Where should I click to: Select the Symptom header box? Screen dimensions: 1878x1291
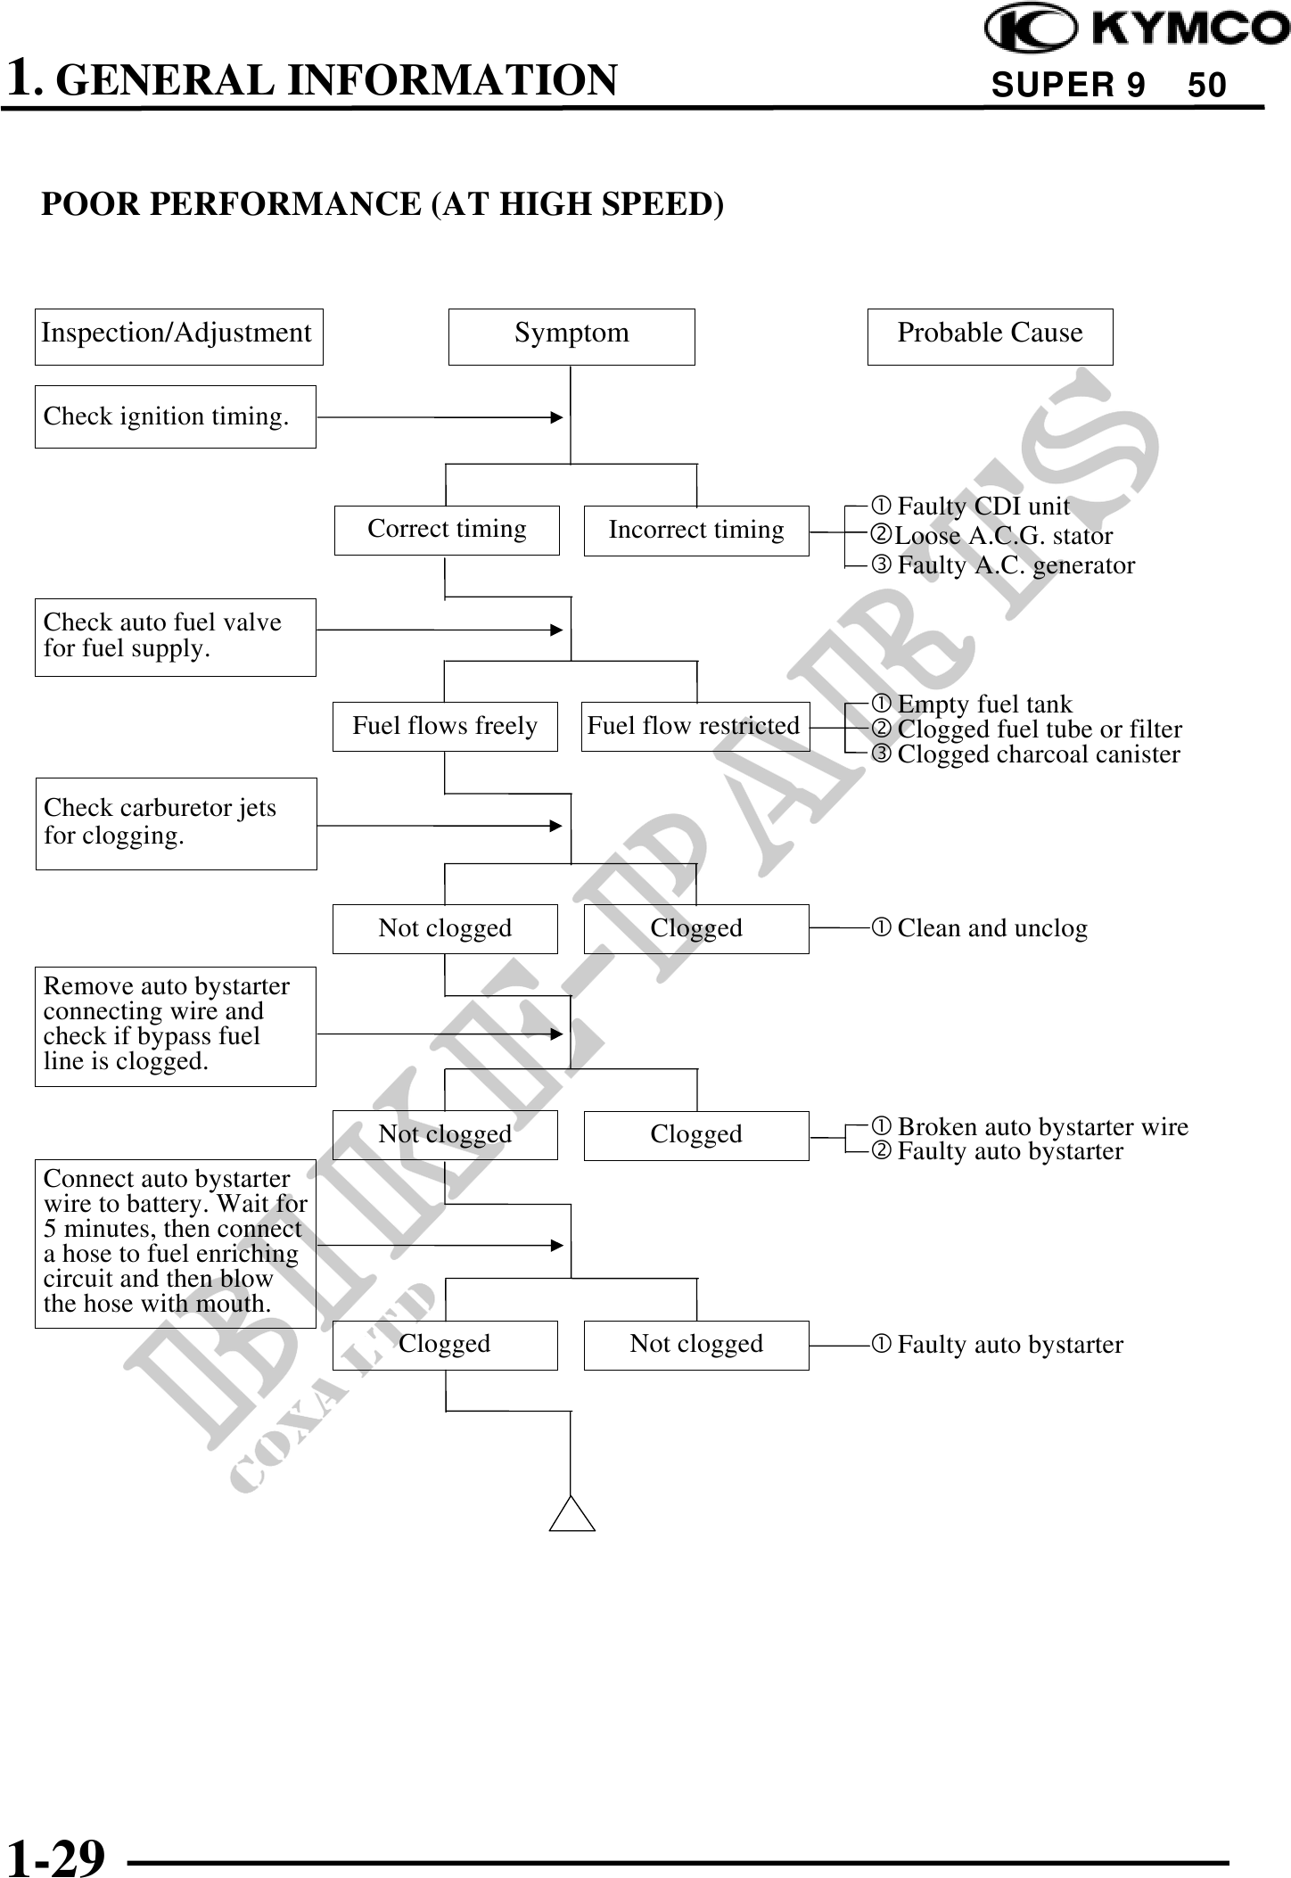[x=571, y=336]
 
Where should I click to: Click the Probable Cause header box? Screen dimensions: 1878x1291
[x=990, y=336]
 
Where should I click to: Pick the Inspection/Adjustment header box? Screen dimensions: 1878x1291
[x=178, y=336]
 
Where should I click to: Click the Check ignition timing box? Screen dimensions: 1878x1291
[x=176, y=416]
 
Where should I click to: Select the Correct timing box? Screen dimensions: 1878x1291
[x=447, y=530]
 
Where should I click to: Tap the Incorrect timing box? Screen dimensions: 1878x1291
[x=696, y=531]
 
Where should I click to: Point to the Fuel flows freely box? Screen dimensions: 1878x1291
[x=445, y=726]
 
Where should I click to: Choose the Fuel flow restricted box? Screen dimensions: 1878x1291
[x=695, y=726]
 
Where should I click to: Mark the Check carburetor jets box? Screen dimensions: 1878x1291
[x=176, y=823]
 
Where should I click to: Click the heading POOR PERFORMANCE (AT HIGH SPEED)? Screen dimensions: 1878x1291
[x=383, y=204]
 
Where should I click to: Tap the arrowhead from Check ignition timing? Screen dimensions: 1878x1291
[x=556, y=416]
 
